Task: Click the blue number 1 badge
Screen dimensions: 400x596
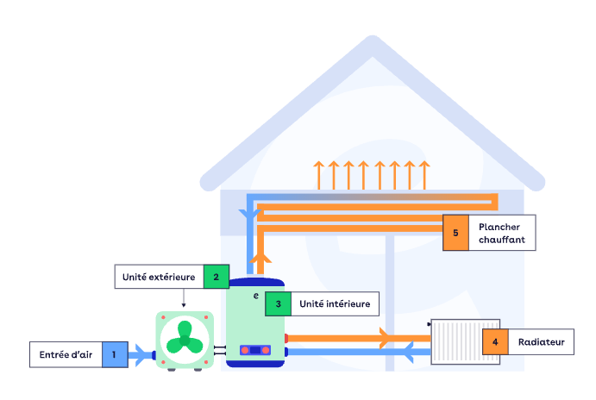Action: click(114, 353)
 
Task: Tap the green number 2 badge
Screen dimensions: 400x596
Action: click(216, 276)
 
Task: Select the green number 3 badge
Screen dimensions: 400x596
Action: click(278, 303)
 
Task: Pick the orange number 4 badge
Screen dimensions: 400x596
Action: click(495, 342)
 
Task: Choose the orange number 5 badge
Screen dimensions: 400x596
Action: click(455, 233)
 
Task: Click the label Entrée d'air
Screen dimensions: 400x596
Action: click(66, 353)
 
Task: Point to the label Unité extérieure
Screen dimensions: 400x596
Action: click(159, 276)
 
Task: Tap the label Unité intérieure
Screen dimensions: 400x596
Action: click(334, 303)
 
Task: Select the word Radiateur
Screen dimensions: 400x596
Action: click(541, 342)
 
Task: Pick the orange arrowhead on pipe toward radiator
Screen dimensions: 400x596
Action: click(386, 334)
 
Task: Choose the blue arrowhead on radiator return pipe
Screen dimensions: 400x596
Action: click(407, 351)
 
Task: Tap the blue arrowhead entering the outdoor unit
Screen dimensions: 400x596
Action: click(141, 353)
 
